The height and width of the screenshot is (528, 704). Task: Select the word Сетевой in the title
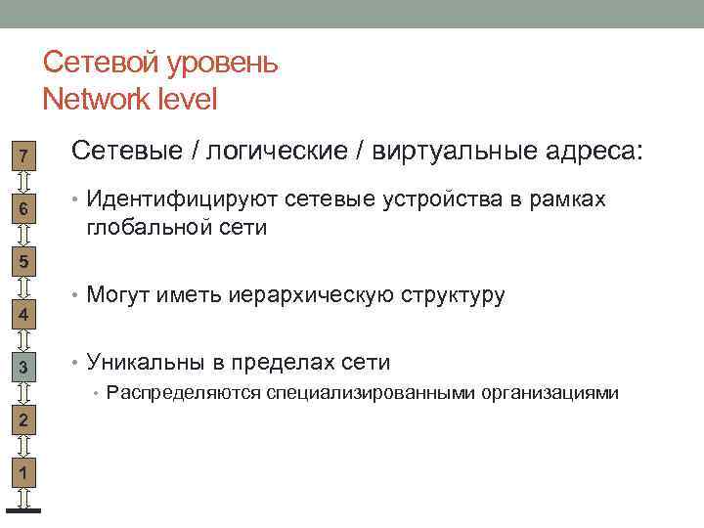pos(104,64)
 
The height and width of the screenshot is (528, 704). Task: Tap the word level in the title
pos(189,99)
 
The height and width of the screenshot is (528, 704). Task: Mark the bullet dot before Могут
pos(75,295)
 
